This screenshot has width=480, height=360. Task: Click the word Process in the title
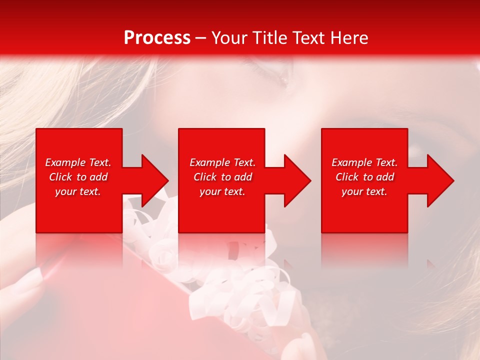pyautogui.click(x=157, y=37)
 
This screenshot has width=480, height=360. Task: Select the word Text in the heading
pyautogui.click(x=309, y=37)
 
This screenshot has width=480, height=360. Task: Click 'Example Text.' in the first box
pyautogui.click(x=78, y=162)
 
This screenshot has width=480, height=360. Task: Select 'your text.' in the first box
pyautogui.click(x=78, y=191)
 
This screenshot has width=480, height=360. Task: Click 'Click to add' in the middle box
pyautogui.click(x=222, y=177)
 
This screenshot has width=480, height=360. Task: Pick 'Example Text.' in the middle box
pyautogui.click(x=222, y=162)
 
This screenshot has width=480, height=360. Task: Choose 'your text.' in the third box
pyautogui.click(x=364, y=191)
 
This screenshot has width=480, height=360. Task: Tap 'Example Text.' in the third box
pyautogui.click(x=364, y=162)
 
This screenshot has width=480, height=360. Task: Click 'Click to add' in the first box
pyautogui.click(x=78, y=177)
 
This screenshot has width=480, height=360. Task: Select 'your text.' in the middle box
pyautogui.click(x=222, y=191)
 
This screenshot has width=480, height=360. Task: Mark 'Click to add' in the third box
pyautogui.click(x=364, y=177)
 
